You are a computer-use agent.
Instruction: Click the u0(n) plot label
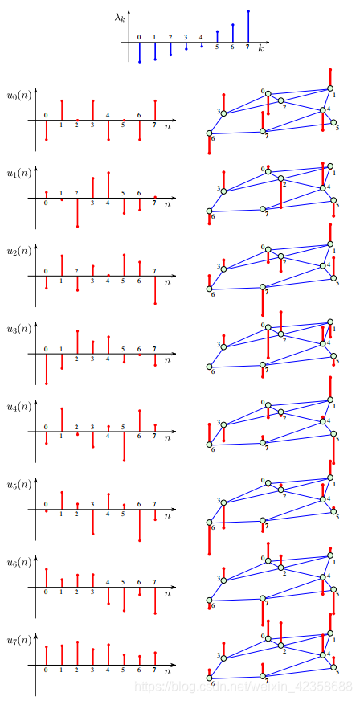click(x=18, y=96)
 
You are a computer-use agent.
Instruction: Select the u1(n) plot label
click(x=18, y=173)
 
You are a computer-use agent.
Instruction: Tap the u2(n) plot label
click(x=18, y=251)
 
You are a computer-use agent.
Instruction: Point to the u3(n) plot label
click(x=18, y=329)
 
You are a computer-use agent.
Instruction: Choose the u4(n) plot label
click(x=18, y=407)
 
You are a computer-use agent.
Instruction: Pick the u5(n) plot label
click(x=18, y=485)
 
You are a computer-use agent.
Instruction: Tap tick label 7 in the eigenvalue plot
click(x=247, y=47)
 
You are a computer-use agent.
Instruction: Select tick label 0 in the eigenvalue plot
click(x=139, y=37)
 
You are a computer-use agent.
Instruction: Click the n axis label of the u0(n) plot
click(x=167, y=127)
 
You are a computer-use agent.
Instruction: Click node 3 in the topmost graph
click(x=223, y=113)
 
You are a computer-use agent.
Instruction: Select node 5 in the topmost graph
click(x=333, y=124)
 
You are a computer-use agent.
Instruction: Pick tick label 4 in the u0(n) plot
click(x=108, y=115)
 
